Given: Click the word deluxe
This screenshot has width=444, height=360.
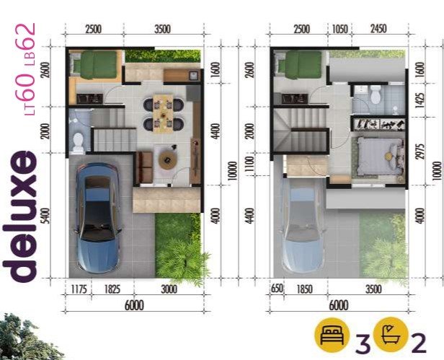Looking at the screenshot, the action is [x=19, y=216].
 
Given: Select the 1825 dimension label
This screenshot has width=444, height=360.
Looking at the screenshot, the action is [x=112, y=289].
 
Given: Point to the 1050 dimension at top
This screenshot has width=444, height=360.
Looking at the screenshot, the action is [x=339, y=29].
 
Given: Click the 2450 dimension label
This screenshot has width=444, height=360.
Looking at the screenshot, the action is [x=378, y=29].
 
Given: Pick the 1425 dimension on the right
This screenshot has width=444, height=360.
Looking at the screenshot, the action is [x=421, y=100].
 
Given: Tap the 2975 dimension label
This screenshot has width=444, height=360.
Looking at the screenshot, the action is [x=421, y=151].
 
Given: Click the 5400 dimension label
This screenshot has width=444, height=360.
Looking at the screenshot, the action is [x=45, y=216].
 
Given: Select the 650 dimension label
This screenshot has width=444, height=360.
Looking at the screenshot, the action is [x=276, y=289].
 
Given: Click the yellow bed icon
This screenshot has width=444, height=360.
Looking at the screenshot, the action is [x=332, y=335].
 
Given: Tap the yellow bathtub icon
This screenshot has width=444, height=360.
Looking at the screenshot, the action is [x=391, y=335].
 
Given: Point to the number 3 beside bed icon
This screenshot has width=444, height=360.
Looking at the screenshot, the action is [x=363, y=344].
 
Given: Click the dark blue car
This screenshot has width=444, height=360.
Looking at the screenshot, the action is [x=98, y=218].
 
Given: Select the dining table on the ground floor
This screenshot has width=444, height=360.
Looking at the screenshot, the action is [x=164, y=113].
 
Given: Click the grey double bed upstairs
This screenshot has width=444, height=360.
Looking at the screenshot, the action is [x=380, y=157].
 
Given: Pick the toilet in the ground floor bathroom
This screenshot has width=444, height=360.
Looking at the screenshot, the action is [x=78, y=141].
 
